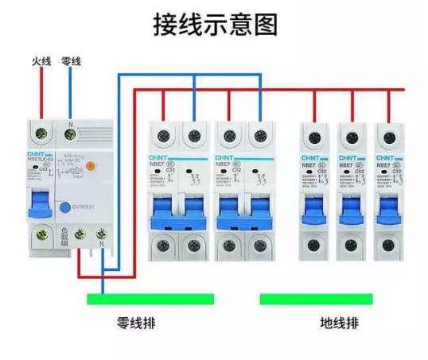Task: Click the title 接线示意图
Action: [214, 24]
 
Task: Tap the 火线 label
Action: [41, 61]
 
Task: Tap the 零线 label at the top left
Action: [72, 61]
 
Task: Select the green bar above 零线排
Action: [150, 300]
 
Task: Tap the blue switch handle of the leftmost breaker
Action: [38, 202]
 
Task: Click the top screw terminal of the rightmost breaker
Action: [389, 132]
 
